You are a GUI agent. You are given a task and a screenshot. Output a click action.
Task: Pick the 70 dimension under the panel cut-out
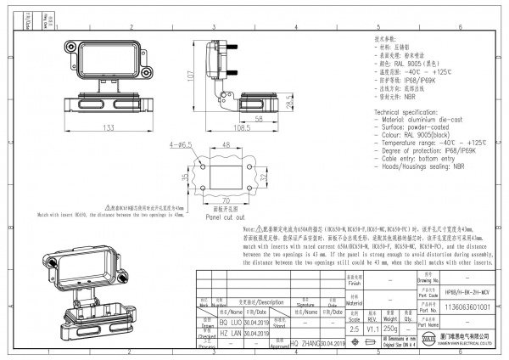coord(227,200)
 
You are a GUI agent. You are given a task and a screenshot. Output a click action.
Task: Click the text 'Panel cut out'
coord(223,217)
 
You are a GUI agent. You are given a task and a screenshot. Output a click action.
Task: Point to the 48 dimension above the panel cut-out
coord(227,146)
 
